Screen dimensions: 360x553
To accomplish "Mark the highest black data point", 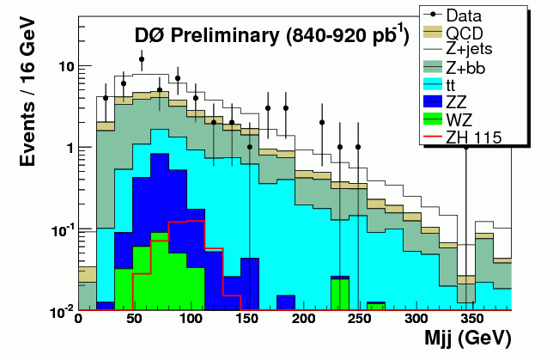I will click(x=142, y=59).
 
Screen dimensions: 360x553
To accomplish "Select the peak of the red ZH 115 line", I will click(x=187, y=222).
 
